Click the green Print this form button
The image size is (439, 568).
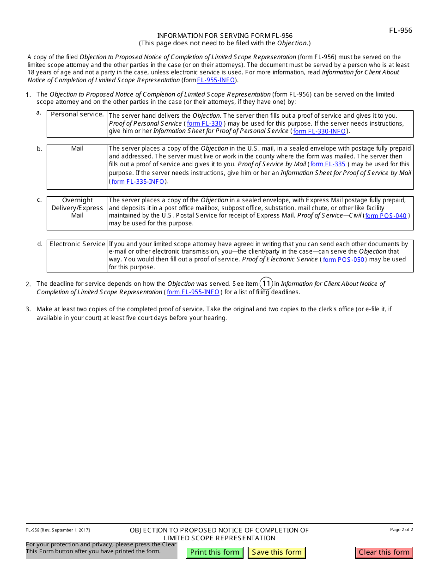[214, 552]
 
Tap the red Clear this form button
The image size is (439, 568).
[384, 552]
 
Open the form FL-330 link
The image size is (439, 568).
[204, 124]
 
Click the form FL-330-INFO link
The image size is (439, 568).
[319, 131]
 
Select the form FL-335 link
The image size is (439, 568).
[328, 164]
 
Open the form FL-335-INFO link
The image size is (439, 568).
[138, 181]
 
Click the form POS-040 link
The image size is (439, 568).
[386, 216]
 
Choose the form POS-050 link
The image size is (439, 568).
[343, 260]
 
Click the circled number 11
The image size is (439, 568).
[266, 284]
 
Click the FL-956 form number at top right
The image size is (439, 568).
[400, 30]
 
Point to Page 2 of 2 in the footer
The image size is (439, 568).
[401, 530]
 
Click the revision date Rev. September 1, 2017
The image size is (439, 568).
[58, 530]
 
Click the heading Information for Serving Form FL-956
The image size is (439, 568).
[225, 36]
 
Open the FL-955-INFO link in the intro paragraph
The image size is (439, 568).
[216, 80]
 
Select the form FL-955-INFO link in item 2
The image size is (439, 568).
[193, 292]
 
